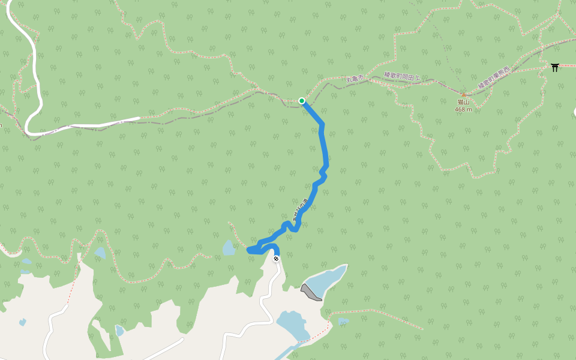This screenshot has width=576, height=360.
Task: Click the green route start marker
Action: [x=301, y=101]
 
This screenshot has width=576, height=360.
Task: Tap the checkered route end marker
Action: [x=276, y=259]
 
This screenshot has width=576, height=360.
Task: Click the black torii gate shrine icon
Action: [x=555, y=67]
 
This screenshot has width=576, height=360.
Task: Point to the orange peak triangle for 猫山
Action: [x=463, y=95]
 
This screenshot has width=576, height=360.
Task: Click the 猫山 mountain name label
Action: [x=463, y=103]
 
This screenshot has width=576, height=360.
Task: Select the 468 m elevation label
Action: [x=463, y=109]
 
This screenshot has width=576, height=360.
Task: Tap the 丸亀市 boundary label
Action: [x=355, y=79]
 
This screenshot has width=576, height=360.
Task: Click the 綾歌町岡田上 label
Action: [x=402, y=76]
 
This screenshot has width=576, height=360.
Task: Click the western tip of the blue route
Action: [x=249, y=250]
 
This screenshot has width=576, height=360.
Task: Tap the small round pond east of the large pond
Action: [x=343, y=321]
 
